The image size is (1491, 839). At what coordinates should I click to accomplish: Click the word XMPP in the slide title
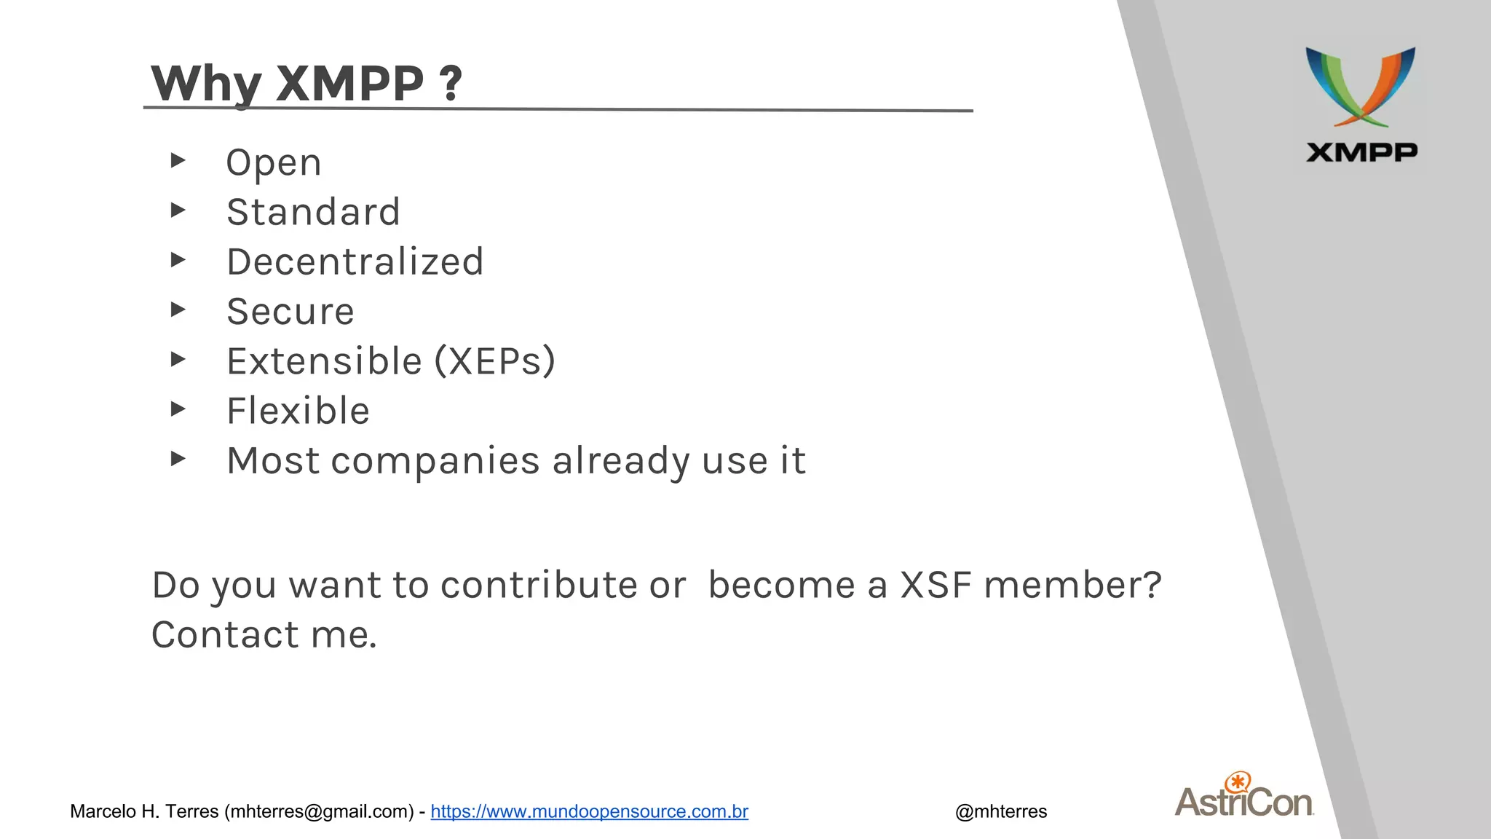pyautogui.click(x=349, y=83)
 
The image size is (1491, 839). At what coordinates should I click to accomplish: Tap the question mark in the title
pyautogui.click(x=451, y=83)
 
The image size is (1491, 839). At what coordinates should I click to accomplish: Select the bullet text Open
pyautogui.click(x=274, y=162)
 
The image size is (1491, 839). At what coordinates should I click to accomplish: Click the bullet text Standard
pyautogui.click(x=313, y=212)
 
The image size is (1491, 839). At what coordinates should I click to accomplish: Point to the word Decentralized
pyautogui.click(x=355, y=261)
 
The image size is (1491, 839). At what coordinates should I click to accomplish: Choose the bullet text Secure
pyautogui.click(x=290, y=312)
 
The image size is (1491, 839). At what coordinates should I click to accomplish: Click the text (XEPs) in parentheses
pyautogui.click(x=495, y=361)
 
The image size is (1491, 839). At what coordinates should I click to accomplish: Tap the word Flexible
pyautogui.click(x=298, y=411)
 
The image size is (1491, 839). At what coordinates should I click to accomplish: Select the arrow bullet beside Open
pyautogui.click(x=178, y=160)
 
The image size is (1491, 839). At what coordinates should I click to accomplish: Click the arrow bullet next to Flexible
pyautogui.click(x=178, y=409)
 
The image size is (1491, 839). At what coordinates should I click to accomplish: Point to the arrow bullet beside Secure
pyautogui.click(x=178, y=310)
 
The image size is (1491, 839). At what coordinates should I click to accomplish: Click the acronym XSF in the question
pyautogui.click(x=936, y=585)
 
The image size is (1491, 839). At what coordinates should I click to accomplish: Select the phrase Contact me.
pyautogui.click(x=264, y=634)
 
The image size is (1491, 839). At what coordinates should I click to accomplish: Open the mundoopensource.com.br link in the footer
pyautogui.click(x=589, y=811)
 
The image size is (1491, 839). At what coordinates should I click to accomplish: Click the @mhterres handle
pyautogui.click(x=1001, y=811)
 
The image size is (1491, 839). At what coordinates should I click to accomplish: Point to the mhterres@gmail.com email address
pyautogui.click(x=318, y=811)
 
